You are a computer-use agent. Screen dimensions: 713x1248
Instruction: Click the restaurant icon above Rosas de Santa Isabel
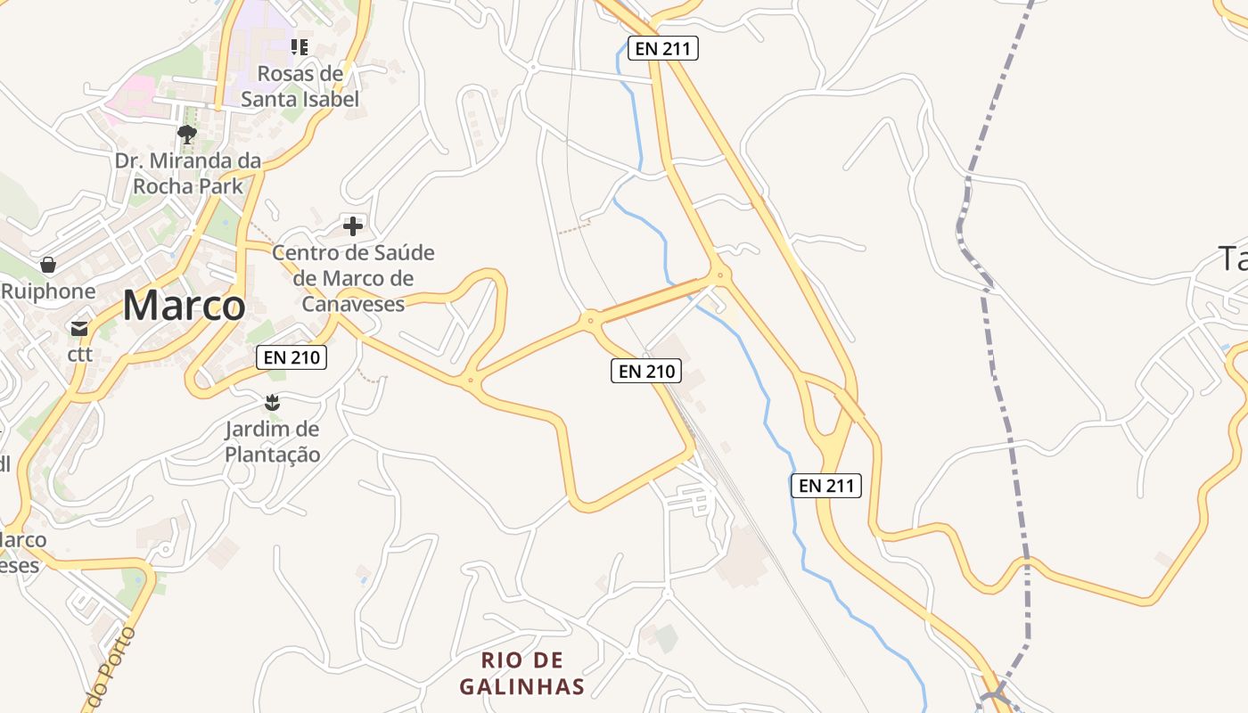[x=300, y=46]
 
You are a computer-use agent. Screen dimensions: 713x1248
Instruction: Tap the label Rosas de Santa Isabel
[x=300, y=86]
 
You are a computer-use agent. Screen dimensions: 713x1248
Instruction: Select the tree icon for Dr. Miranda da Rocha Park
[x=187, y=135]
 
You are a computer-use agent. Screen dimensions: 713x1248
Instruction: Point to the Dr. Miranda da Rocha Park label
[x=188, y=174]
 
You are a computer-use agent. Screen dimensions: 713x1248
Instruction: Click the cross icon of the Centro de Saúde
[x=353, y=225]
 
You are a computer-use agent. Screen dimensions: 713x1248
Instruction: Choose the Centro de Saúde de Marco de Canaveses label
[x=354, y=278]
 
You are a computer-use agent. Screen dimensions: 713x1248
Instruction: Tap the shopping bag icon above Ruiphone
[x=48, y=265]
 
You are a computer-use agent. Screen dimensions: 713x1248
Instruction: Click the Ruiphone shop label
[x=48, y=291]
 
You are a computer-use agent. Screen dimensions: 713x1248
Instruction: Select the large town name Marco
[x=184, y=306]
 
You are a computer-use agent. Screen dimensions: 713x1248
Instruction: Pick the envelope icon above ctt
[x=79, y=329]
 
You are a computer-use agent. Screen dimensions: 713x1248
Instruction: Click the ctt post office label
[x=80, y=355]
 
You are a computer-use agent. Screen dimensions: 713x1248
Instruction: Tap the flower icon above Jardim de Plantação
[x=273, y=403]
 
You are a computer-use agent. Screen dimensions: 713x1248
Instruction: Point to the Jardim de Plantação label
[x=272, y=441]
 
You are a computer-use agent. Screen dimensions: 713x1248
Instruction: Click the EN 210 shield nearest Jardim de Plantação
[x=291, y=358]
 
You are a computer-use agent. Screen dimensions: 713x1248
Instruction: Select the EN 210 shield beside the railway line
[x=646, y=371]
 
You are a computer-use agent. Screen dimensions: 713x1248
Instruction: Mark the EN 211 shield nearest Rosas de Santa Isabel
[x=662, y=48]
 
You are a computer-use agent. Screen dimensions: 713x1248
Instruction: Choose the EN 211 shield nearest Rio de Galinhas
[x=826, y=486]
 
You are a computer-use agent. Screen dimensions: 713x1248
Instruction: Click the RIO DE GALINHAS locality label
[x=522, y=673]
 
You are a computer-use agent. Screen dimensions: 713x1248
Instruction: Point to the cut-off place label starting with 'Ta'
[x=1234, y=259]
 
